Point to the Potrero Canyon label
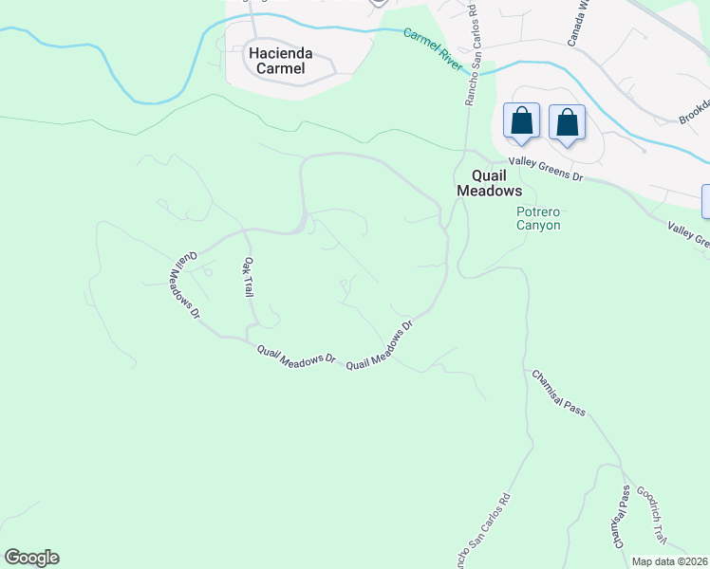pyautogui.click(x=538, y=218)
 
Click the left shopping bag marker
pyautogui.click(x=521, y=122)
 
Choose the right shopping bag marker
pyautogui.click(x=567, y=123)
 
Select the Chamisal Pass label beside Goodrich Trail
pyautogui.click(x=621, y=517)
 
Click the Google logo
pyautogui.click(x=31, y=558)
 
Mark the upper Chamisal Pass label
pyautogui.click(x=558, y=393)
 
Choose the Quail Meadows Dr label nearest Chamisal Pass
pyautogui.click(x=381, y=346)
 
